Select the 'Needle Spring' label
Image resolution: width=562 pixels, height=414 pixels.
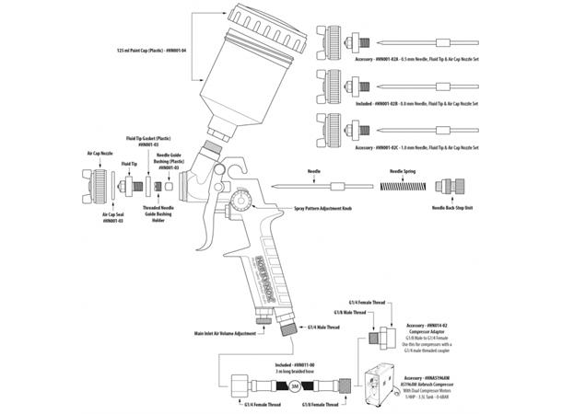pyautogui.click(x=406, y=171)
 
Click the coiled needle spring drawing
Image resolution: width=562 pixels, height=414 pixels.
pyautogui.click(x=405, y=187)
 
